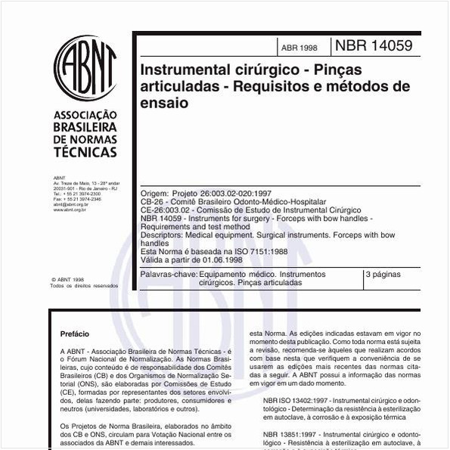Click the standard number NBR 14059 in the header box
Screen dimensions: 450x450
(x=374, y=45)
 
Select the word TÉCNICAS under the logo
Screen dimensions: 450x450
(x=85, y=151)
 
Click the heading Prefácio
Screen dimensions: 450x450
(x=74, y=334)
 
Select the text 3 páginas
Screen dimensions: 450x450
(x=383, y=274)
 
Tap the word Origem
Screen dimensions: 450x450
(x=155, y=194)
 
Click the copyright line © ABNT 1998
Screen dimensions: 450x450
(x=67, y=279)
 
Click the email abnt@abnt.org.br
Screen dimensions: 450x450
(x=70, y=204)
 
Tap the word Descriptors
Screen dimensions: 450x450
(x=162, y=236)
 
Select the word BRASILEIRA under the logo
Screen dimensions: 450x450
(x=85, y=127)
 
